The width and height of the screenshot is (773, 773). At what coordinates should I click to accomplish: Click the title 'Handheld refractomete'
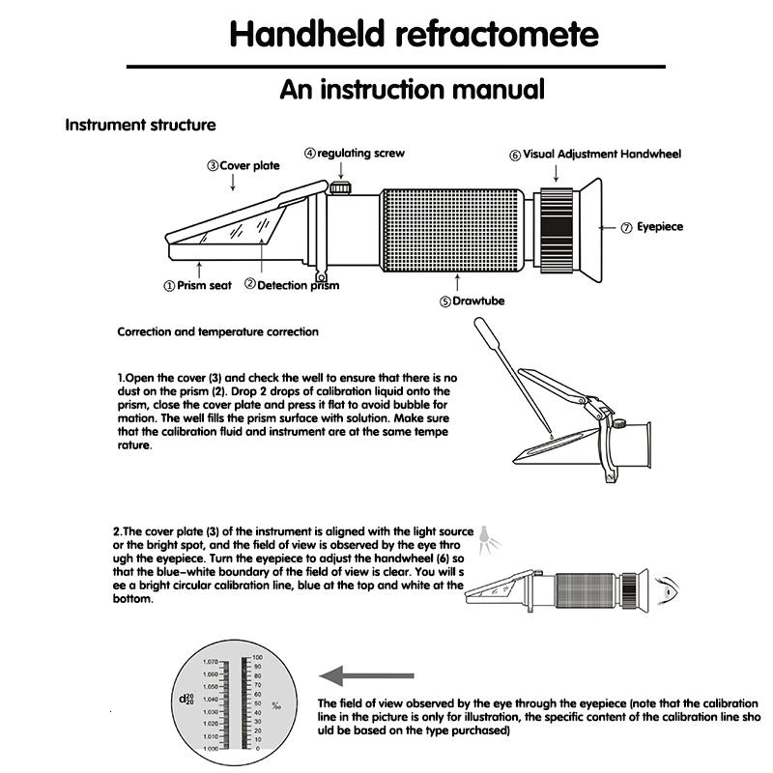point(414,34)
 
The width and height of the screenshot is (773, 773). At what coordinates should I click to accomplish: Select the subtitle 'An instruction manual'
point(413,90)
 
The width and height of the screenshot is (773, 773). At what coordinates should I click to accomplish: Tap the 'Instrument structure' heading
point(140,125)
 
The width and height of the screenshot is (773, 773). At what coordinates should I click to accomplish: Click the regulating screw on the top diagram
point(339,186)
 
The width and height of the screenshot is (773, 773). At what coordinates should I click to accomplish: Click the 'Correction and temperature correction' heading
point(217,331)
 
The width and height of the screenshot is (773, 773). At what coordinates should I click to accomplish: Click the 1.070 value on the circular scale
point(211,663)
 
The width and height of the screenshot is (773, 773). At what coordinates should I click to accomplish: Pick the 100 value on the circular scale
point(258,657)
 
